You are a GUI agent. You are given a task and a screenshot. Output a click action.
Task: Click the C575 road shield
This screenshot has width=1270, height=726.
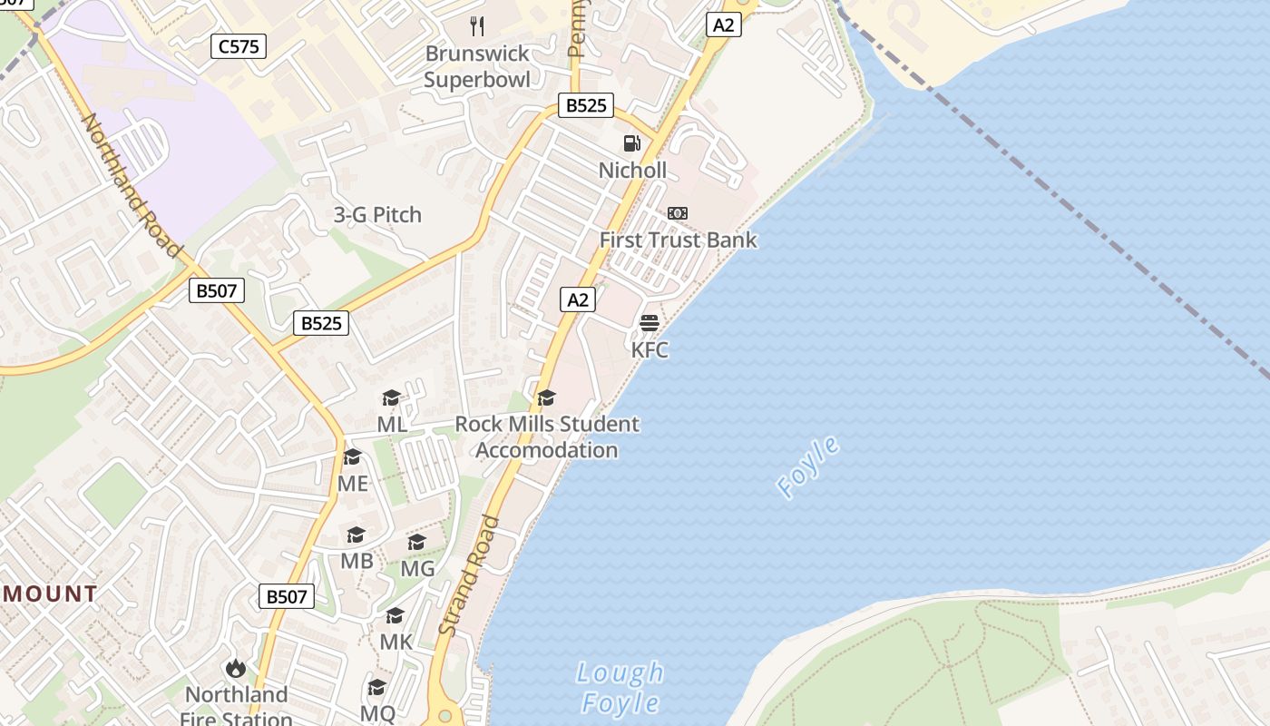coord(239,46)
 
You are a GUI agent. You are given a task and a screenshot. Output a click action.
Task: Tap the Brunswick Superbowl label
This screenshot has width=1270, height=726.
coord(477,66)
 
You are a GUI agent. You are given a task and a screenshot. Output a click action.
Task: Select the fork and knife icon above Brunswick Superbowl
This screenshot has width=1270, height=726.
coord(477,26)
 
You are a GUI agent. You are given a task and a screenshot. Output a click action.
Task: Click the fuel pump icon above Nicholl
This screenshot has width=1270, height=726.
coord(632,143)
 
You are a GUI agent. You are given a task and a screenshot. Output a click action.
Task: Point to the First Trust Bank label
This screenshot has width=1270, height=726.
coord(678,240)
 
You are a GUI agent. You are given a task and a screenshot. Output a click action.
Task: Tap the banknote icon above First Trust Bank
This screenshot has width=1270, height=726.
coord(678,213)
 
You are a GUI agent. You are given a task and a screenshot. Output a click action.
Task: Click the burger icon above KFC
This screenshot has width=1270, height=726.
coord(650,323)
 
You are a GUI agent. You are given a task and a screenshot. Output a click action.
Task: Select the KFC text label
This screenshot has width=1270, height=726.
coord(650,350)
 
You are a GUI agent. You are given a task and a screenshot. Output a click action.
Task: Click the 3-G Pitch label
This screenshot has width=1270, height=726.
coord(377,215)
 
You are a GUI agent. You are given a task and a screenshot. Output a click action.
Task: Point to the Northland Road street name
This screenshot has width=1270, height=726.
coord(132,185)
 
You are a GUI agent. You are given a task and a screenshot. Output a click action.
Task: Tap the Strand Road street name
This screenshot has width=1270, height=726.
coord(469,575)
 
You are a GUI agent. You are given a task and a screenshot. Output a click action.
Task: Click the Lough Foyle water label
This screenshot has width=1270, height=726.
coord(621,688)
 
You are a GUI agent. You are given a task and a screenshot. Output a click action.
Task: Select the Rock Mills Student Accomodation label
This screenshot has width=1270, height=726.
coord(546,437)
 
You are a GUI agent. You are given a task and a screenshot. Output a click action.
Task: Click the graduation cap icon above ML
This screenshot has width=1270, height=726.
coord(392,397)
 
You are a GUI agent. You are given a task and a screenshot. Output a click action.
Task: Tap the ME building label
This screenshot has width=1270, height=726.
coord(353,484)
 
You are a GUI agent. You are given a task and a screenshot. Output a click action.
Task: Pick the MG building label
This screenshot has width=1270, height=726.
coord(417,569)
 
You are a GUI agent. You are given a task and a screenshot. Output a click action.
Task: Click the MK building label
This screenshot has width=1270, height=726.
coord(396,643)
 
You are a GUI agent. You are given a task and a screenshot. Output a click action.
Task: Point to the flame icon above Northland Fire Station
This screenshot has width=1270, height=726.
coord(236,669)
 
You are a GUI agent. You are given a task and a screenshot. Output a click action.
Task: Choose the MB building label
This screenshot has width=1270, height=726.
coord(357,561)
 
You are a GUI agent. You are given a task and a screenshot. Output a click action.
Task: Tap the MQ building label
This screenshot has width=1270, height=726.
coord(377,713)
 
